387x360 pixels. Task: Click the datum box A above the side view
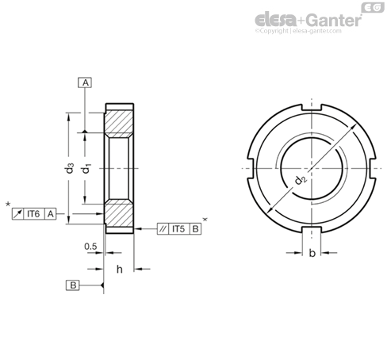(x=85, y=82)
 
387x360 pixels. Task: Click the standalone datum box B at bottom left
(x=73, y=284)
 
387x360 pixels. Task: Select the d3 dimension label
(x=71, y=168)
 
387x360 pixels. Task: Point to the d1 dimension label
(x=89, y=168)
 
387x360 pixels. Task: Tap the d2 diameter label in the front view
(x=301, y=182)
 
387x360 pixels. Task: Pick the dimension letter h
(x=119, y=269)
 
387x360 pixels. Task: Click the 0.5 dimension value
(x=91, y=247)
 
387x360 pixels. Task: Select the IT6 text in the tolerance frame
(x=35, y=213)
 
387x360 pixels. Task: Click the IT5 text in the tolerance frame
(x=178, y=228)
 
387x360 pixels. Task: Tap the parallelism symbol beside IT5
(x=162, y=228)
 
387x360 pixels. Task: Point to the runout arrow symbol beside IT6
(x=18, y=213)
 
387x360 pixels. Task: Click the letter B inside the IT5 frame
(x=195, y=228)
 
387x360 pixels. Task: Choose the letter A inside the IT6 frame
(x=51, y=213)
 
